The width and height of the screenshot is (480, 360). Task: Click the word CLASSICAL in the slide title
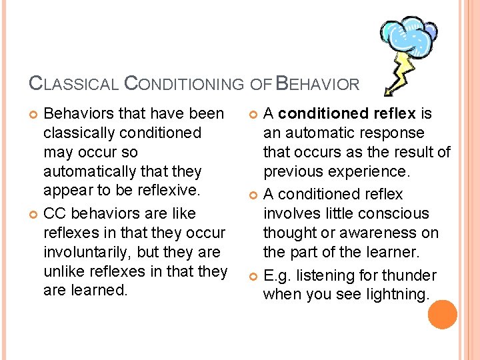tap(74, 84)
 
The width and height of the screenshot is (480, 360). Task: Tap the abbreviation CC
tap(55, 213)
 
